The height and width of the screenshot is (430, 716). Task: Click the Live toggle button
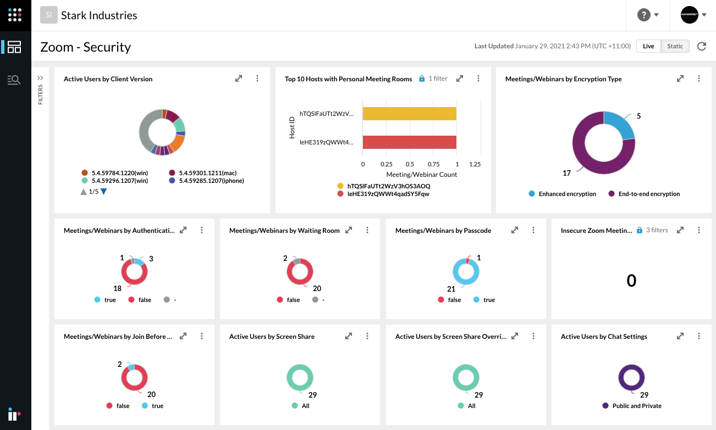pyautogui.click(x=648, y=46)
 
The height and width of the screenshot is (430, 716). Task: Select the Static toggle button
pyautogui.click(x=675, y=46)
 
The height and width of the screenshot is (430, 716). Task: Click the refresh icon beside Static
pyautogui.click(x=702, y=46)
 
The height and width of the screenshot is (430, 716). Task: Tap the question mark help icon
pyautogui.click(x=643, y=15)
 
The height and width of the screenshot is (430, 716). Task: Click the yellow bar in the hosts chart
pyautogui.click(x=409, y=114)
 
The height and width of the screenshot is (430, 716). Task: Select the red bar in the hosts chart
pyautogui.click(x=409, y=142)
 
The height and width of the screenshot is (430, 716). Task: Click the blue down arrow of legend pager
pyautogui.click(x=103, y=192)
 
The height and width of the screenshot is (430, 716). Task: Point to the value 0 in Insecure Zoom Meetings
pyautogui.click(x=631, y=281)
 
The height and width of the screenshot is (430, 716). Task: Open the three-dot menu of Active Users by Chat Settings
pyautogui.click(x=699, y=336)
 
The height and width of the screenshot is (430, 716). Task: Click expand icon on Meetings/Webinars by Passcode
pyautogui.click(x=515, y=230)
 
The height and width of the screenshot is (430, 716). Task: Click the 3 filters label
pyautogui.click(x=657, y=230)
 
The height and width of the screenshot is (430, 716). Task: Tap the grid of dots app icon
pyautogui.click(x=15, y=15)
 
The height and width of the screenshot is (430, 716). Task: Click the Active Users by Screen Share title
pyautogui.click(x=272, y=337)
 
